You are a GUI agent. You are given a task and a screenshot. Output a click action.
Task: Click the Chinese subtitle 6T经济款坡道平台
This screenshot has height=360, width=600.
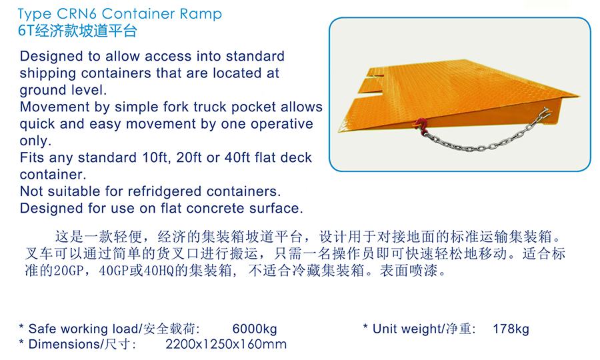pos(78,31)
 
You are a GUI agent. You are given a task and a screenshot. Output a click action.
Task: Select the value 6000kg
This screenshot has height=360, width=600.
pos(255,329)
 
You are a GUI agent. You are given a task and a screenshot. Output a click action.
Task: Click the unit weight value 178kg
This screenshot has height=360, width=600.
pos(511,329)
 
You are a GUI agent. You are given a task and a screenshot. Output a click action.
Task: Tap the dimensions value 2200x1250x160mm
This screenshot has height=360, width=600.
pos(226,344)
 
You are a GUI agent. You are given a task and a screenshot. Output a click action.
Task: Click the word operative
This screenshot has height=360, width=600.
pos(280,124)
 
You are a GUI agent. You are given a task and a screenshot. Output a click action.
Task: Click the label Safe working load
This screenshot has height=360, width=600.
pos(83,329)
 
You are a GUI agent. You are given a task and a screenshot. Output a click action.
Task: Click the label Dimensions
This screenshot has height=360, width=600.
pos(64,344)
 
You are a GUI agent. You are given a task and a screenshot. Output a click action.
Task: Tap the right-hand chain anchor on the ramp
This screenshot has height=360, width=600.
pos(545,113)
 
